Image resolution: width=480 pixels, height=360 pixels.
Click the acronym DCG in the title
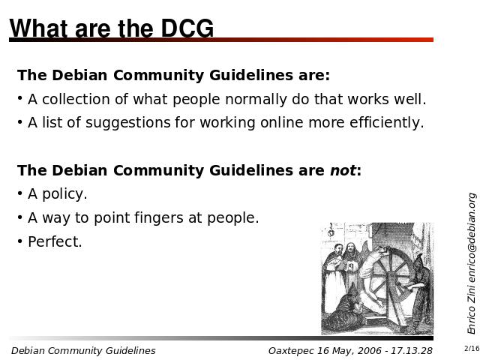point(187,28)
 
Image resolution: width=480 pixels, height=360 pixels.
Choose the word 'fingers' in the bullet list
point(159,217)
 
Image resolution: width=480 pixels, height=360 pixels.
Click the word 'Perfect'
point(53,241)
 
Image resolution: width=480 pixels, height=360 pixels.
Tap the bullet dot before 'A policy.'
point(20,193)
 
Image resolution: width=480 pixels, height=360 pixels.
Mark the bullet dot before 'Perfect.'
point(20,241)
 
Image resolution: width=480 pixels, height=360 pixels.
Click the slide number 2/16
point(472,348)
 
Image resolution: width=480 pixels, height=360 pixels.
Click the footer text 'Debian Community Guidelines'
point(83,351)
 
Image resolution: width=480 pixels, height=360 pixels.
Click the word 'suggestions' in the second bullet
point(127,123)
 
